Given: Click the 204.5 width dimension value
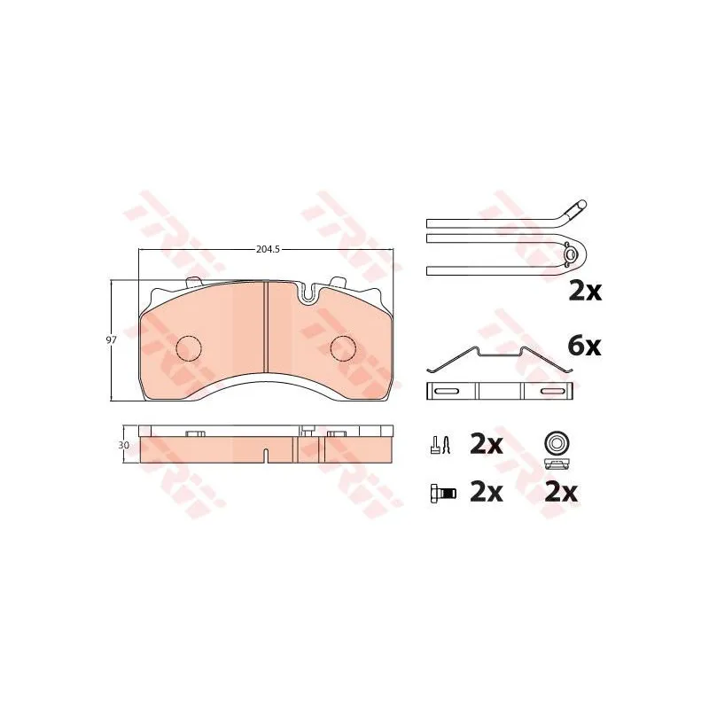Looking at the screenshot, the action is point(269,249).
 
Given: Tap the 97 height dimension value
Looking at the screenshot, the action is point(112,340).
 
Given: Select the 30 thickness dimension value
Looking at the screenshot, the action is point(123,445).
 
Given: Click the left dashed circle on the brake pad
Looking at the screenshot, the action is point(188,348).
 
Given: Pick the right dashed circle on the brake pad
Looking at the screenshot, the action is point(343,348).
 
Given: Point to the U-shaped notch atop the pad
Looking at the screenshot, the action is point(308,294).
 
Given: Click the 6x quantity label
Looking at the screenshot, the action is point(584,347).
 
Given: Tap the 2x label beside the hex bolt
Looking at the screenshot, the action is point(486,492).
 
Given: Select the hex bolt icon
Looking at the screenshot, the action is point(441,493).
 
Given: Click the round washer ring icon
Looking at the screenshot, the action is point(557,442).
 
